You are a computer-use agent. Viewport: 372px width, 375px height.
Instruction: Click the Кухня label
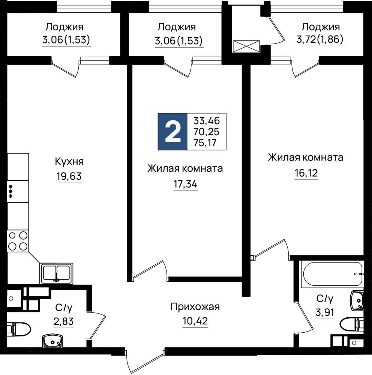[69, 162]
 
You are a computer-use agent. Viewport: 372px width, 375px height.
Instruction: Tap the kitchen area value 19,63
[69, 176]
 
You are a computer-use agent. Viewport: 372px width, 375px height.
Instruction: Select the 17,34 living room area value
[185, 184]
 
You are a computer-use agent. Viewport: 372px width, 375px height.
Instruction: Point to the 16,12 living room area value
[306, 172]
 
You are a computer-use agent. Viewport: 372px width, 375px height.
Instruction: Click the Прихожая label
[195, 307]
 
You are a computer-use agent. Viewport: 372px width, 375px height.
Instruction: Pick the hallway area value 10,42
[195, 321]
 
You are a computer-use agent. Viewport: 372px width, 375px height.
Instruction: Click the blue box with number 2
[172, 132]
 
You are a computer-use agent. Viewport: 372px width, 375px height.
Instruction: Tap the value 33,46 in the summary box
[207, 121]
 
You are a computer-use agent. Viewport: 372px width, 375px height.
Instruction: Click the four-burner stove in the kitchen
[18, 241]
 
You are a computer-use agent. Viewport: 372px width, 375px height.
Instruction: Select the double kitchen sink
[57, 274]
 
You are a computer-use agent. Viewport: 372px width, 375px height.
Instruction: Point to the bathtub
[332, 274]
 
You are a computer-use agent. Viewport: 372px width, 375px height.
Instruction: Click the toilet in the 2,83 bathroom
[19, 329]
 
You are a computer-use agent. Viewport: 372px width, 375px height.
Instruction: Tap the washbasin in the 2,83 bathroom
[52, 341]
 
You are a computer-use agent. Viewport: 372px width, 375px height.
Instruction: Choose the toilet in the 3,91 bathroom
[352, 324]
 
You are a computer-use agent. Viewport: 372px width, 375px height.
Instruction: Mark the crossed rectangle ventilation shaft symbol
[246, 46]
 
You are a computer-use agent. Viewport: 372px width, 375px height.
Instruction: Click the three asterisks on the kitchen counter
[10, 191]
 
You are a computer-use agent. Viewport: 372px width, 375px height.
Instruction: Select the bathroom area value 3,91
[325, 312]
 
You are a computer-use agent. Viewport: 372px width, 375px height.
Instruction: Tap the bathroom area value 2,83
[63, 321]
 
